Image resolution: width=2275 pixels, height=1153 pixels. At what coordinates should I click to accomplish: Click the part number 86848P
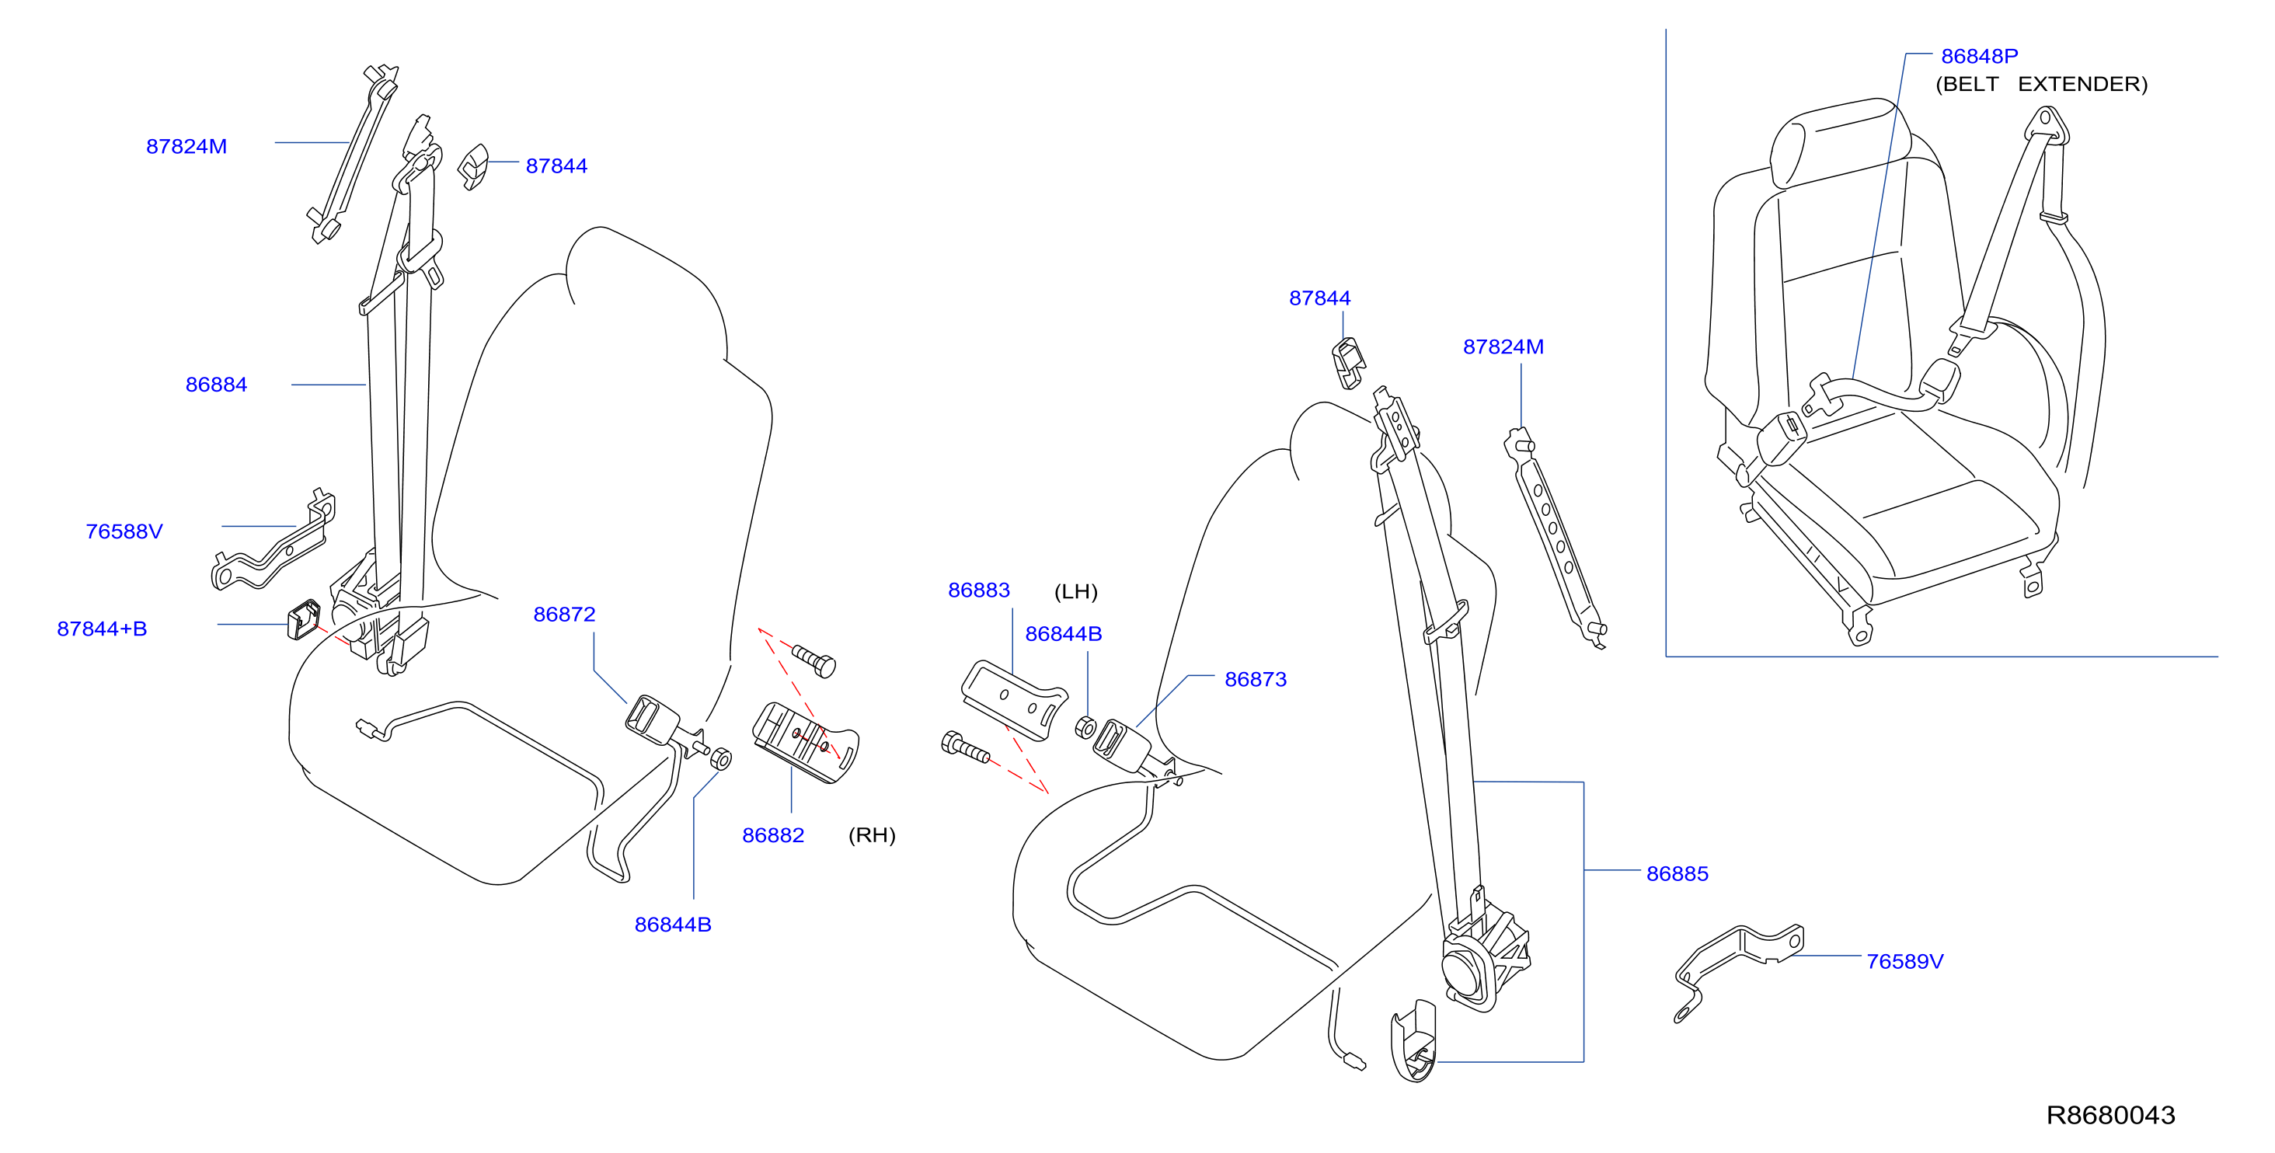pyautogui.click(x=1978, y=57)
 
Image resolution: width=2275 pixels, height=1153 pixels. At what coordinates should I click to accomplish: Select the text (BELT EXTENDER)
pyautogui.click(x=2041, y=85)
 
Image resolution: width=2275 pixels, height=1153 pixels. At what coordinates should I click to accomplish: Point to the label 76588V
pyautogui.click(x=124, y=531)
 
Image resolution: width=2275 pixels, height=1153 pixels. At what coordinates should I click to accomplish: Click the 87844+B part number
pyautogui.click(x=102, y=629)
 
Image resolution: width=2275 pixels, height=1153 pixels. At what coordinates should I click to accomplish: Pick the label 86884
pyautogui.click(x=215, y=385)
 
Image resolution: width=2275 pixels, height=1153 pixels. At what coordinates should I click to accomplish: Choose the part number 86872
pyautogui.click(x=564, y=615)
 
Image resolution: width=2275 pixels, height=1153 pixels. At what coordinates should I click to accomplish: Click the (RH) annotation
pyautogui.click(x=872, y=835)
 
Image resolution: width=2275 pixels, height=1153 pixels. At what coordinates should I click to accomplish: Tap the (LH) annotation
pyautogui.click(x=1075, y=591)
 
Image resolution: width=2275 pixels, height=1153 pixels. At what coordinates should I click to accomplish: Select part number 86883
pyautogui.click(x=978, y=590)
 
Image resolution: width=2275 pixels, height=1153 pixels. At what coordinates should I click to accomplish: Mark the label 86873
pyautogui.click(x=1255, y=680)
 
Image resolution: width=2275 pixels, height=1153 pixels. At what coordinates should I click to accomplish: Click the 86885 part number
pyautogui.click(x=1677, y=874)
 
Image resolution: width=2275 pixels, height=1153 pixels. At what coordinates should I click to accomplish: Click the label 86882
pyautogui.click(x=773, y=835)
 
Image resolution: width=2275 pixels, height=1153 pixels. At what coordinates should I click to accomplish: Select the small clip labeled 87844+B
pyautogui.click(x=303, y=619)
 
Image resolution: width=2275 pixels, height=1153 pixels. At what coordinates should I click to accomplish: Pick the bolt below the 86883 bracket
pyautogui.click(x=965, y=747)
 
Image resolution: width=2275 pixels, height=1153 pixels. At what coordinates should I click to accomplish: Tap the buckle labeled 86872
pyautogui.click(x=653, y=717)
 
